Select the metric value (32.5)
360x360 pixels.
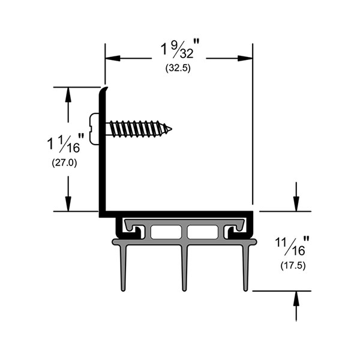[178, 68]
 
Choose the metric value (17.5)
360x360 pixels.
[293, 265]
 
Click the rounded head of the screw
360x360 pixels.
[95, 128]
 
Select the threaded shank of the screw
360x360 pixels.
[138, 128]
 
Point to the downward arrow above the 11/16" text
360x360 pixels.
[295, 204]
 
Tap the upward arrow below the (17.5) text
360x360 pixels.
[295, 298]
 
